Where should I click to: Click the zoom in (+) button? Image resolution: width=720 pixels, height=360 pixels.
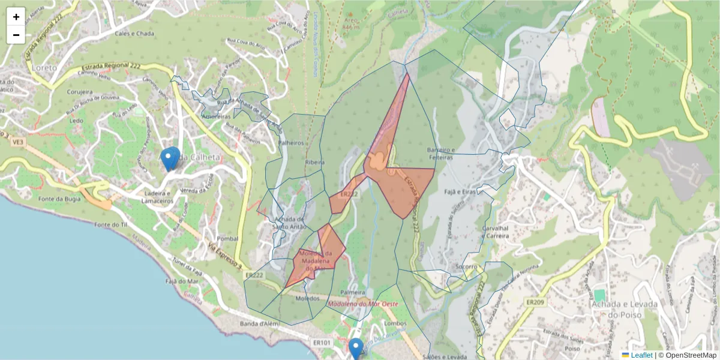[x=16, y=17]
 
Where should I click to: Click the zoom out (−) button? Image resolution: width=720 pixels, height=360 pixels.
[x=16, y=35]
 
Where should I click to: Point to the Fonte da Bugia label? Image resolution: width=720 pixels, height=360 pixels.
[x=59, y=199]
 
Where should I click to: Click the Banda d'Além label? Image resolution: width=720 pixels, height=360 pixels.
[x=261, y=324]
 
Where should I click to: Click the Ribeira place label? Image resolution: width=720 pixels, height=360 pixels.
[x=314, y=162]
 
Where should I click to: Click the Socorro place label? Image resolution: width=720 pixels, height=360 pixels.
[x=465, y=266]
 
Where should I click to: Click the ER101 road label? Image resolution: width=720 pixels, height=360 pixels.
[x=322, y=343]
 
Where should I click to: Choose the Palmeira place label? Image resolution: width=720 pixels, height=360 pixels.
[x=353, y=292]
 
